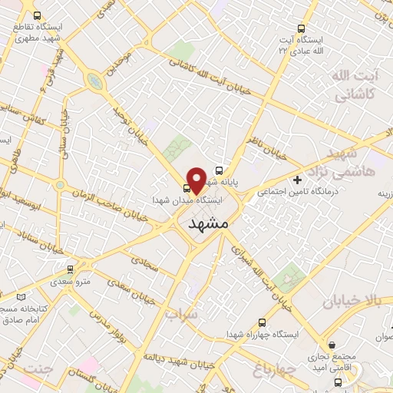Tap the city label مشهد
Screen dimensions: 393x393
(208, 223)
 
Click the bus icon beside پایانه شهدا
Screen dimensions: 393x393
(220, 171)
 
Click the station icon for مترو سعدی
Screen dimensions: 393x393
(71, 269)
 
